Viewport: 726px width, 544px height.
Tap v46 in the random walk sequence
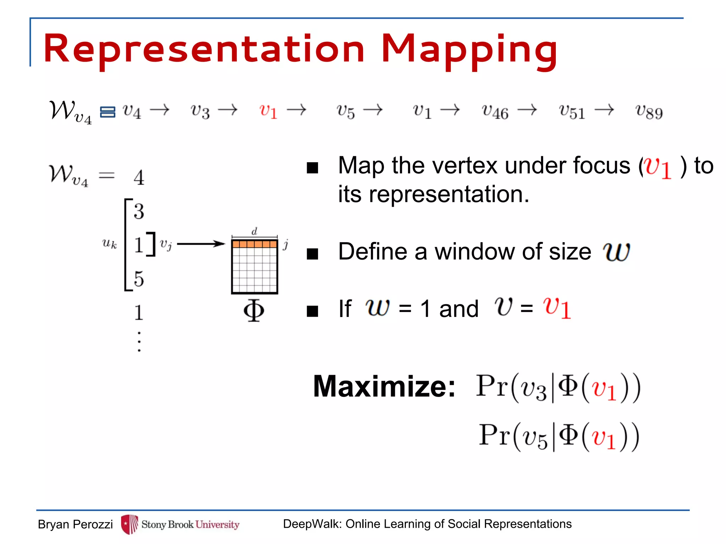[x=495, y=112]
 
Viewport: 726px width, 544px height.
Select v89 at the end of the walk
[x=649, y=112]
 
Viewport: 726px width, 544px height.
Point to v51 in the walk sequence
[x=571, y=112]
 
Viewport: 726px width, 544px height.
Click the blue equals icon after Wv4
[x=107, y=112]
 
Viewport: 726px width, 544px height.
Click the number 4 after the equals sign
[x=139, y=177]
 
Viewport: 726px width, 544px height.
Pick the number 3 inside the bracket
[x=139, y=211]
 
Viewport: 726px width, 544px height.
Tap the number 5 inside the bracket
[x=139, y=279]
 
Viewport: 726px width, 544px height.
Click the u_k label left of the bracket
[x=109, y=244]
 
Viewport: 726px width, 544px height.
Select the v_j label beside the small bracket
[x=166, y=244]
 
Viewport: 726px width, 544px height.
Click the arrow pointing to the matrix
[x=201, y=244]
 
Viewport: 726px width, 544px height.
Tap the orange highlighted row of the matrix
[x=254, y=244]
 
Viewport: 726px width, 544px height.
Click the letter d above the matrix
[x=254, y=232]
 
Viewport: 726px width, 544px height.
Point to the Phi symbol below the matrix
[x=254, y=311]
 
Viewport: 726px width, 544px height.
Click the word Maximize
[x=384, y=386]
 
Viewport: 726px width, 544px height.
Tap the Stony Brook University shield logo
[x=129, y=524]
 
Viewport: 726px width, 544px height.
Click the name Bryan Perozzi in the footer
[x=75, y=525]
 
